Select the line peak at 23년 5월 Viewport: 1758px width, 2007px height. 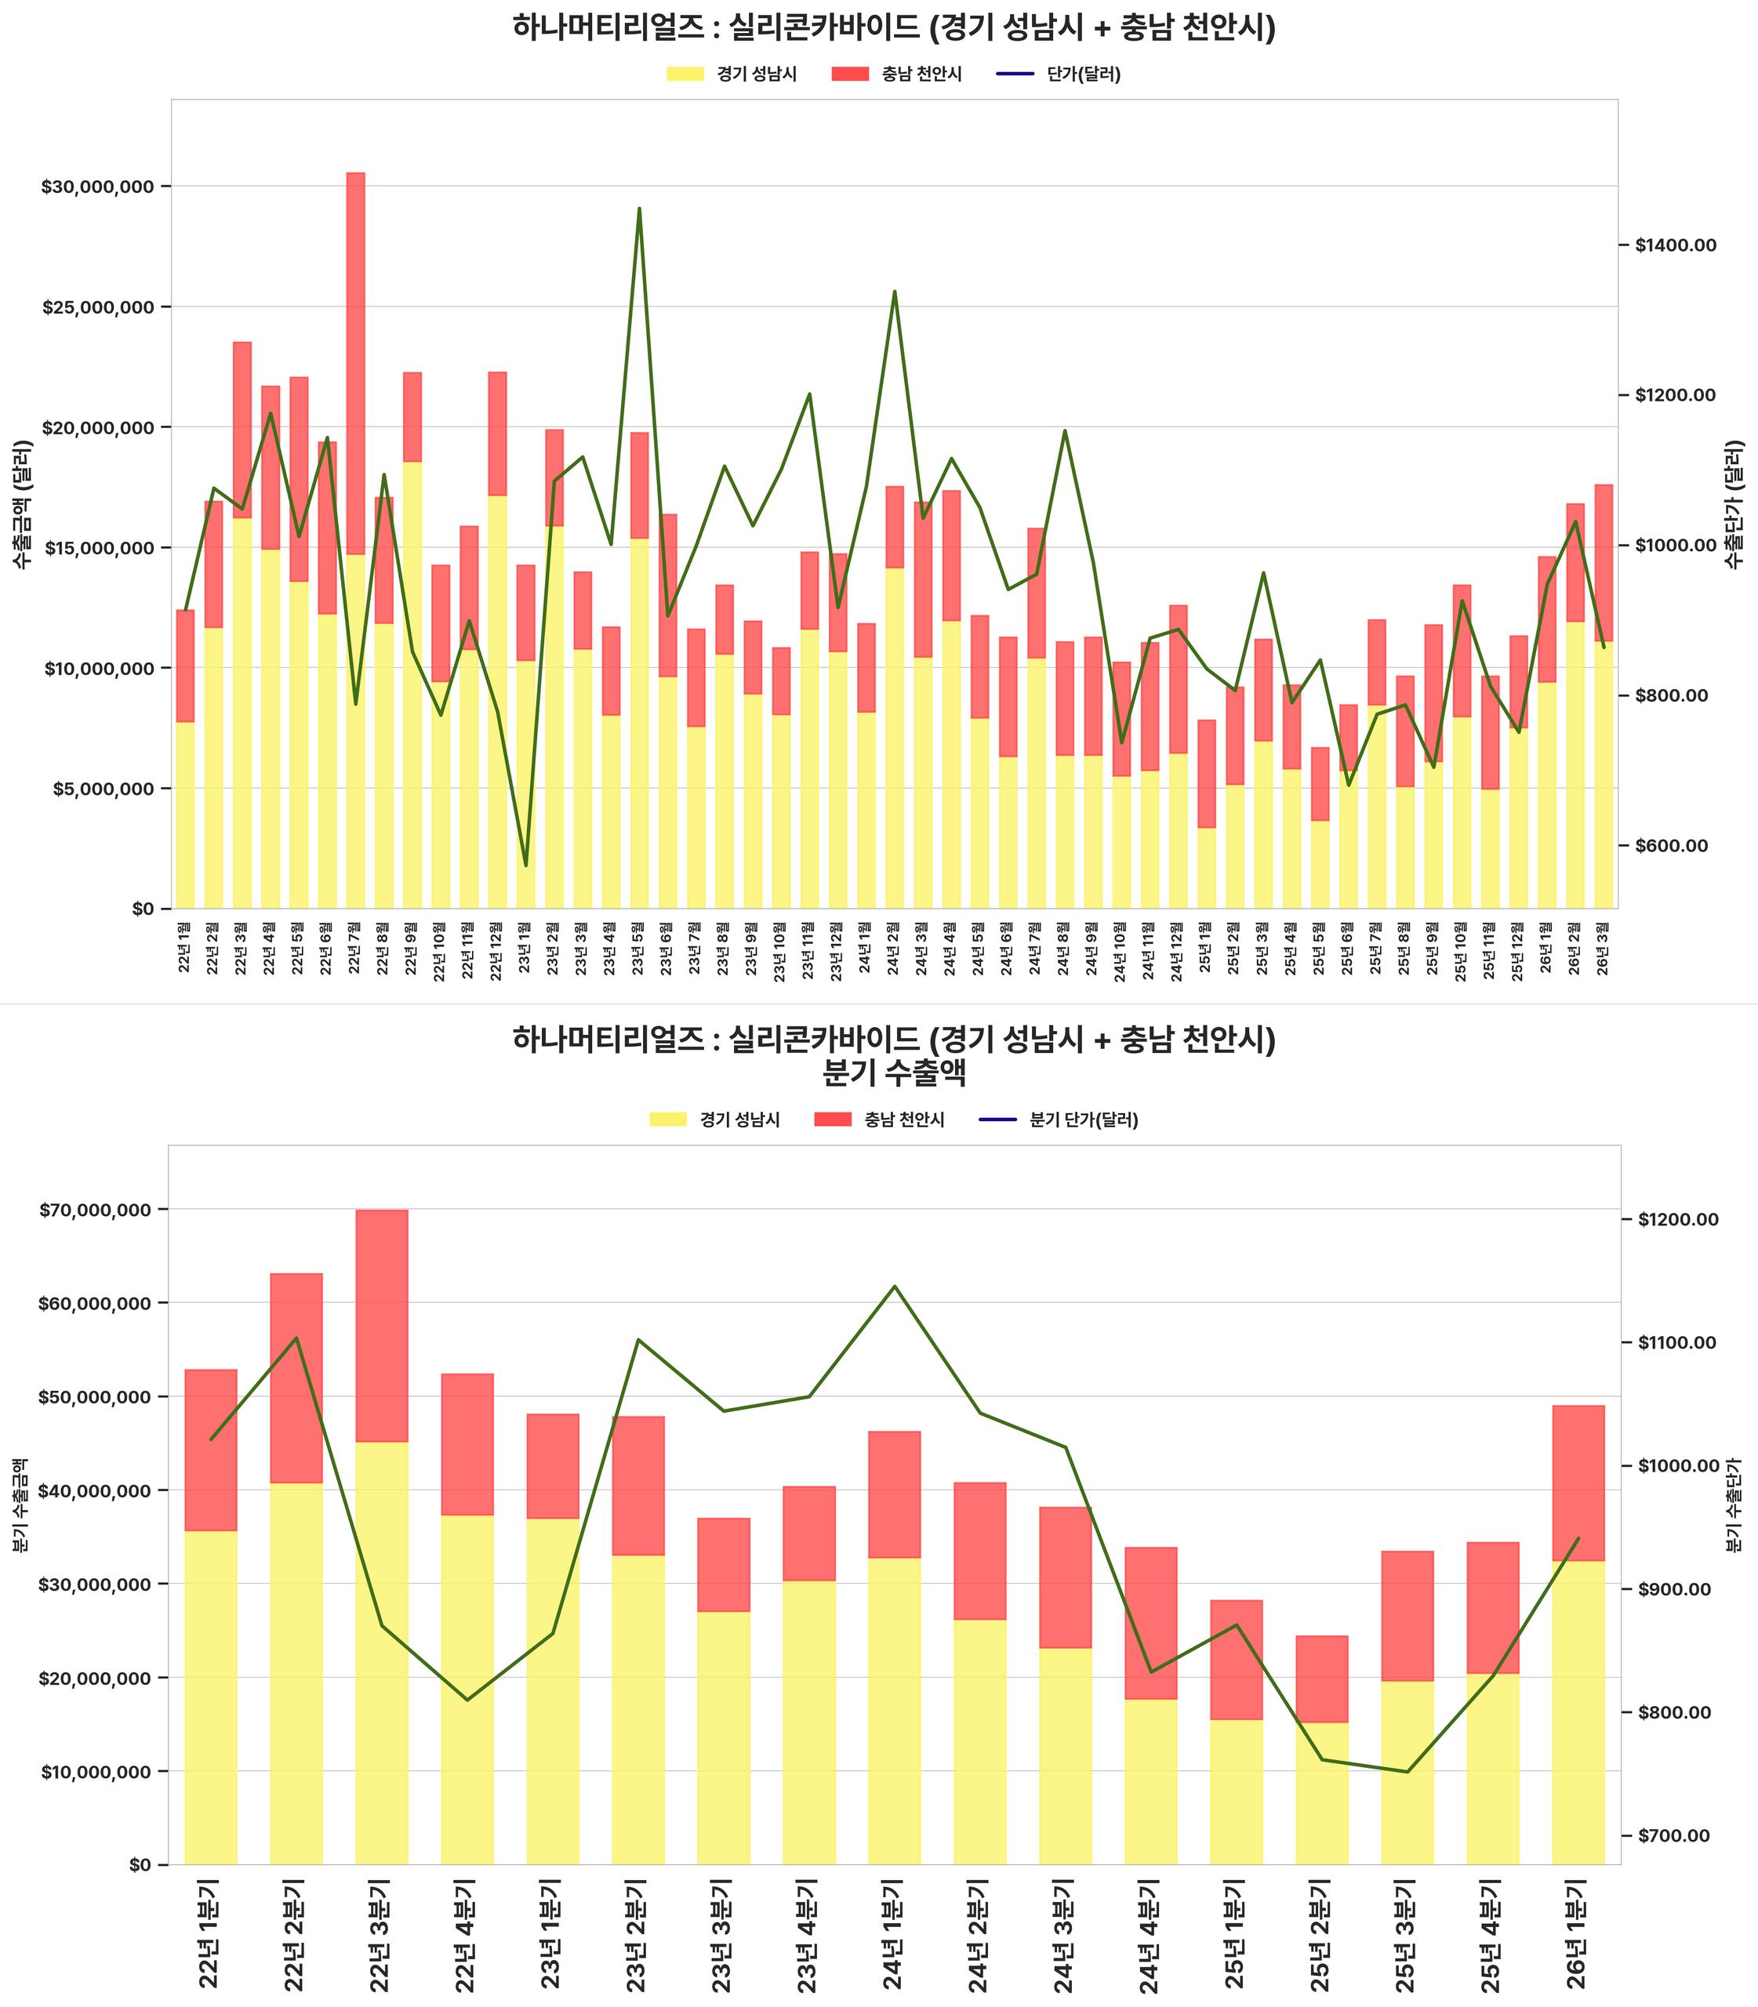[638, 209]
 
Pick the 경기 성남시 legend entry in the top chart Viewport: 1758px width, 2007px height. [732, 74]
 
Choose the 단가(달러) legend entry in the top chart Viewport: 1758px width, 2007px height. [1059, 74]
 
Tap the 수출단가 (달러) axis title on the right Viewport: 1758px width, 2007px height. [1735, 503]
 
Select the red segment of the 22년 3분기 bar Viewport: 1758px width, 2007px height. [382, 1325]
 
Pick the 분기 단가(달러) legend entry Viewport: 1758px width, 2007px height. [1059, 1120]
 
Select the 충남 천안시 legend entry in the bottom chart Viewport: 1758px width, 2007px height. [879, 1120]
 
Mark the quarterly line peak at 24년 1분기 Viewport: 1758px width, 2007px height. [894, 1286]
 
